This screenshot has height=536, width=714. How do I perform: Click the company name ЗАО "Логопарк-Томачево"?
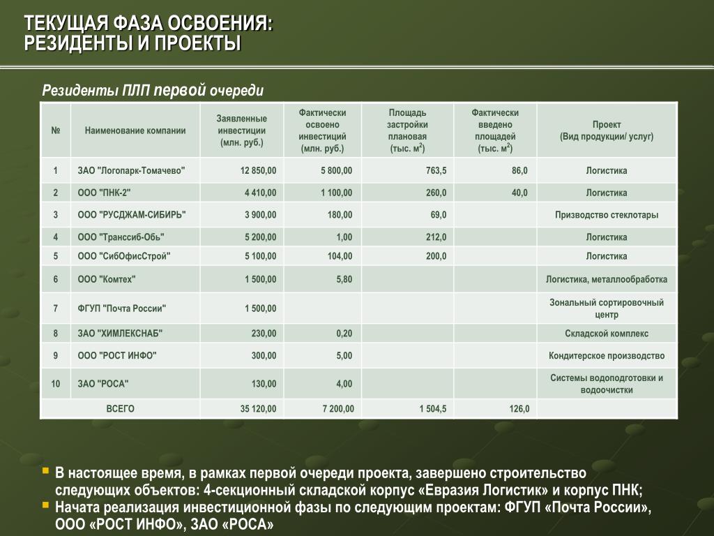[132, 170]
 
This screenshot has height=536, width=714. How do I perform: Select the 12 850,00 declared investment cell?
[259, 170]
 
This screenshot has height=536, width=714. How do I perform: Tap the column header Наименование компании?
[135, 131]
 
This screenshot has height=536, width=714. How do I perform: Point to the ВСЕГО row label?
[120, 408]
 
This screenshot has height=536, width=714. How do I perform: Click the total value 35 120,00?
[259, 408]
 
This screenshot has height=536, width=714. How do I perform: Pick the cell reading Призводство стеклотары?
[606, 215]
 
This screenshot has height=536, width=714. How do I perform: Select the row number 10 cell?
[56, 383]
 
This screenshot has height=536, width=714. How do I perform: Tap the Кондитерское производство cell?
[606, 355]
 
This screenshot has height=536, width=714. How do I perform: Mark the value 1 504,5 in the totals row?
[433, 408]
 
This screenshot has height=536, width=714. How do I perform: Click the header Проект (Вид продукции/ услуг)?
[606, 131]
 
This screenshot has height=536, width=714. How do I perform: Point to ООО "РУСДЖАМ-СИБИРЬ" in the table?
[132, 215]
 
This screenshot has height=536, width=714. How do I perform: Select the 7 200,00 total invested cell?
[337, 408]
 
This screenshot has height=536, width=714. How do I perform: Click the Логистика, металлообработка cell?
[606, 279]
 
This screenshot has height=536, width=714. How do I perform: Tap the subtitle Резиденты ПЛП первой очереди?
[153, 91]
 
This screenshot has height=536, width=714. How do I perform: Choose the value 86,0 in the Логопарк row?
[519, 170]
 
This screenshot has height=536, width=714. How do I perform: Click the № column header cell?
[56, 131]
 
